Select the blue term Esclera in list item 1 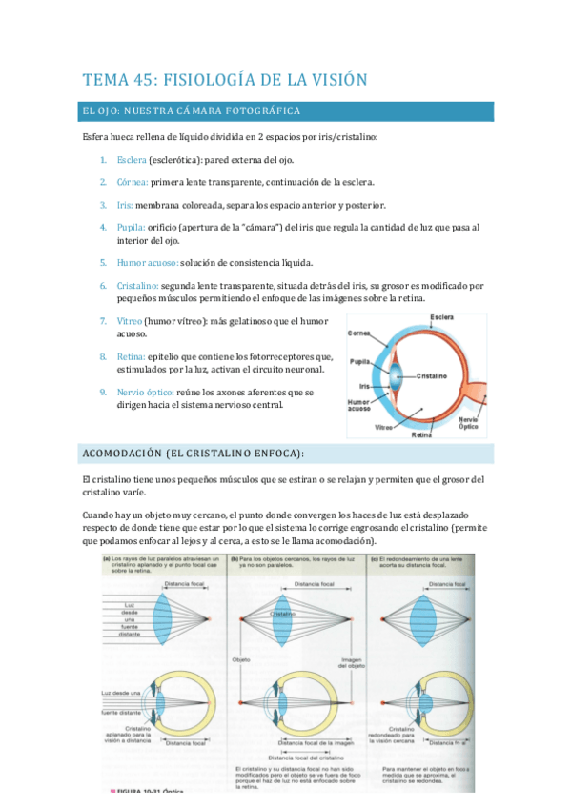pos(133,159)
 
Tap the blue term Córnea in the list pos(133,182)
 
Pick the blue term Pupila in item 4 pos(132,228)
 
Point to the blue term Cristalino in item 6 pos(137,285)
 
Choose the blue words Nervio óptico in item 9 pos(145,392)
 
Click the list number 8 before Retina pos(103,356)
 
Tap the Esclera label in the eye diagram pos(440,317)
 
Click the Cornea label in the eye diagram pos(358,333)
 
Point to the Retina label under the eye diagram pos(421,435)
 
